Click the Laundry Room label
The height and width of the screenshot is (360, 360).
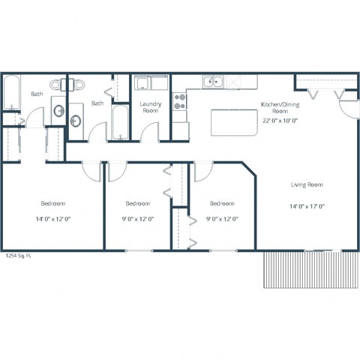pyautogui.click(x=149, y=106)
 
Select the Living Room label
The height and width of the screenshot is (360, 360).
pyautogui.click(x=307, y=184)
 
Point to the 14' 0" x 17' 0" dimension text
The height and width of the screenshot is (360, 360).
pyautogui.click(x=307, y=206)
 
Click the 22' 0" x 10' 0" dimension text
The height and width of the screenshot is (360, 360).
pyautogui.click(x=279, y=119)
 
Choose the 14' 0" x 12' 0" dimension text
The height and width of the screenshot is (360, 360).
pyautogui.click(x=52, y=219)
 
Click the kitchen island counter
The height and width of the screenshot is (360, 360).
pyautogui.click(x=233, y=121)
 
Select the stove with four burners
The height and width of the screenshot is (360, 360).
pyautogui.click(x=180, y=100)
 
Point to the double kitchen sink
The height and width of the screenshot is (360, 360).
pyautogui.click(x=214, y=82)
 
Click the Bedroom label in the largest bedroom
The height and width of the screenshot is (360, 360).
pyautogui.click(x=52, y=203)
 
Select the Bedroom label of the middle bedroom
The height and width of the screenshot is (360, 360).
pyautogui.click(x=138, y=203)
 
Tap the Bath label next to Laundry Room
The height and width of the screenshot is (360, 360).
pyautogui.click(x=97, y=103)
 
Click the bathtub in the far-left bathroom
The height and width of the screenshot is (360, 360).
pyautogui.click(x=10, y=93)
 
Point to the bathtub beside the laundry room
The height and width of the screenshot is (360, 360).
pyautogui.click(x=120, y=122)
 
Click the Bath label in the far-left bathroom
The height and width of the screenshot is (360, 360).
pyautogui.click(x=37, y=94)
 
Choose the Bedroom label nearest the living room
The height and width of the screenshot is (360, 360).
pyautogui.click(x=222, y=203)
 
